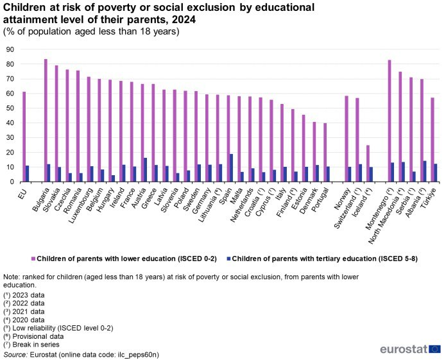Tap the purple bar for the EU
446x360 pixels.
tap(24, 137)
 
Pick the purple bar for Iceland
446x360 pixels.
tap(367, 164)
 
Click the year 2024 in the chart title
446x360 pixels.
tap(182, 20)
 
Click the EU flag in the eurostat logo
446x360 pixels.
tap(434, 349)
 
